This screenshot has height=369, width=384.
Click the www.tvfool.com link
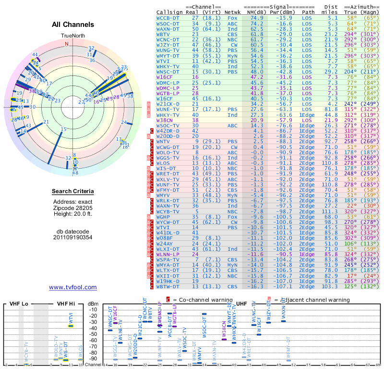(x=73, y=287)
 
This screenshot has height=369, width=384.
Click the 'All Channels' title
(x=73, y=25)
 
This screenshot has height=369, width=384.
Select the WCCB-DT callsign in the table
(x=168, y=17)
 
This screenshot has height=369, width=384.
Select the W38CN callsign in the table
(x=164, y=120)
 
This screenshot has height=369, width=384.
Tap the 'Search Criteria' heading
(x=73, y=192)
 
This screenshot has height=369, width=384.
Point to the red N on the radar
(x=67, y=43)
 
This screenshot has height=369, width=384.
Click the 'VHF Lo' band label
(x=18, y=304)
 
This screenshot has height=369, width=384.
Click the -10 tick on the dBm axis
(x=92, y=310)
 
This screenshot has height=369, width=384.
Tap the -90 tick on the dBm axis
(x=92, y=358)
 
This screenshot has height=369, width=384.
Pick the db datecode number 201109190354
(x=73, y=237)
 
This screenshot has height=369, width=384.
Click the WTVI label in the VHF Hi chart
(x=71, y=318)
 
